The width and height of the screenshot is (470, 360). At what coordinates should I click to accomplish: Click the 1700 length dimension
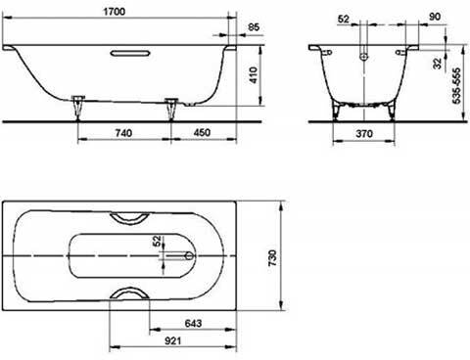(115, 12)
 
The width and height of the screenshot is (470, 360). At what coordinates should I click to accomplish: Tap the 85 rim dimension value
(254, 26)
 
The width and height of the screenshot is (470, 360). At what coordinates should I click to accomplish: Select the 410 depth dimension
(254, 75)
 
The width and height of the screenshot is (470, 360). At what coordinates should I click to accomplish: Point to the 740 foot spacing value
(123, 133)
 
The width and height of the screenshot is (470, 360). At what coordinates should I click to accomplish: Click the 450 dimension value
(202, 132)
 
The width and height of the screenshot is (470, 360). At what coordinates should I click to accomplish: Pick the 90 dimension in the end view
(435, 17)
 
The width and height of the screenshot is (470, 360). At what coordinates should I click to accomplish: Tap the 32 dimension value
(437, 64)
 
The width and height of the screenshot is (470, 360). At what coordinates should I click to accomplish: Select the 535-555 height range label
(456, 86)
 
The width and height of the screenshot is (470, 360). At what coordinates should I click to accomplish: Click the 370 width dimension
(364, 133)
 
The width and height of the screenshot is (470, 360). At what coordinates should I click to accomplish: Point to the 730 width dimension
(272, 257)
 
